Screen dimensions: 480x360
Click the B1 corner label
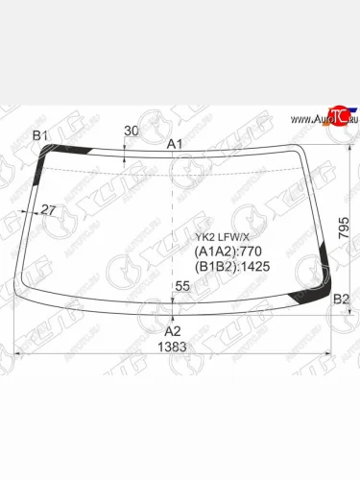(40, 135)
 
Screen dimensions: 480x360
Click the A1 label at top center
(176, 143)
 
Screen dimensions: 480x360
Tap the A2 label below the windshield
(174, 330)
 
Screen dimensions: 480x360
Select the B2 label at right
(341, 300)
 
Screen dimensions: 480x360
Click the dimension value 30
(131, 132)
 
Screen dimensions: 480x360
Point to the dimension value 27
(49, 209)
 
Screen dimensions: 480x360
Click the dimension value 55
(182, 286)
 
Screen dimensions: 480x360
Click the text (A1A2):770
(227, 252)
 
